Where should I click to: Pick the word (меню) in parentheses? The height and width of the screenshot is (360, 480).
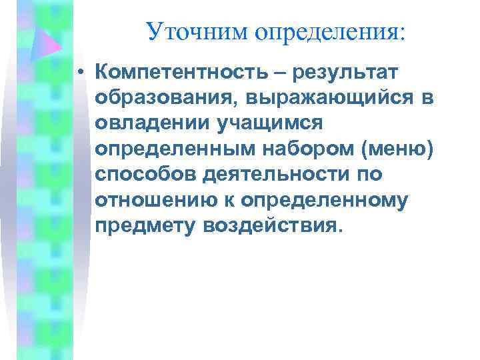(397, 149)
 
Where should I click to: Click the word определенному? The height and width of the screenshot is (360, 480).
(325, 200)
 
